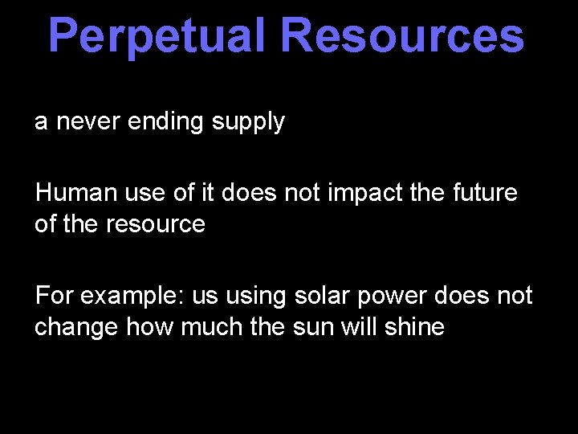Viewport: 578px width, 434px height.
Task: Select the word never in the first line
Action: coord(87,122)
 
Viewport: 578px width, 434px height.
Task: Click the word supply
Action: coord(247,123)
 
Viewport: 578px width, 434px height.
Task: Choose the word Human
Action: coord(71,193)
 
